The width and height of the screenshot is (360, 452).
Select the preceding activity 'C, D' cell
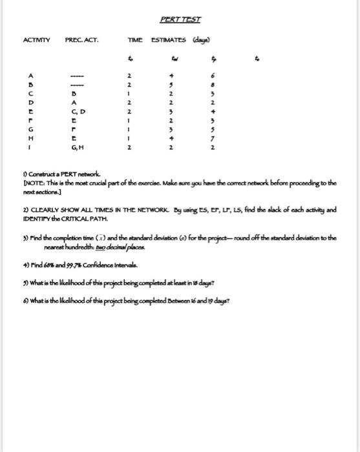pyautogui.click(x=78, y=111)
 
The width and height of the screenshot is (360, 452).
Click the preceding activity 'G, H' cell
pyautogui.click(x=78, y=147)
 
